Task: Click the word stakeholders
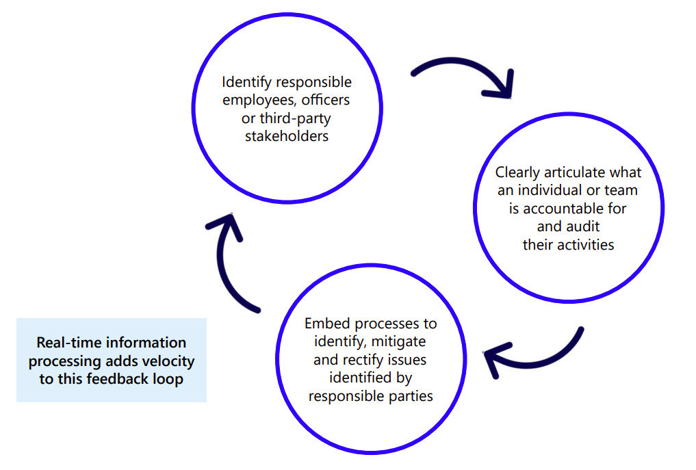(x=287, y=135)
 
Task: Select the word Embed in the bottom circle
(x=325, y=323)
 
